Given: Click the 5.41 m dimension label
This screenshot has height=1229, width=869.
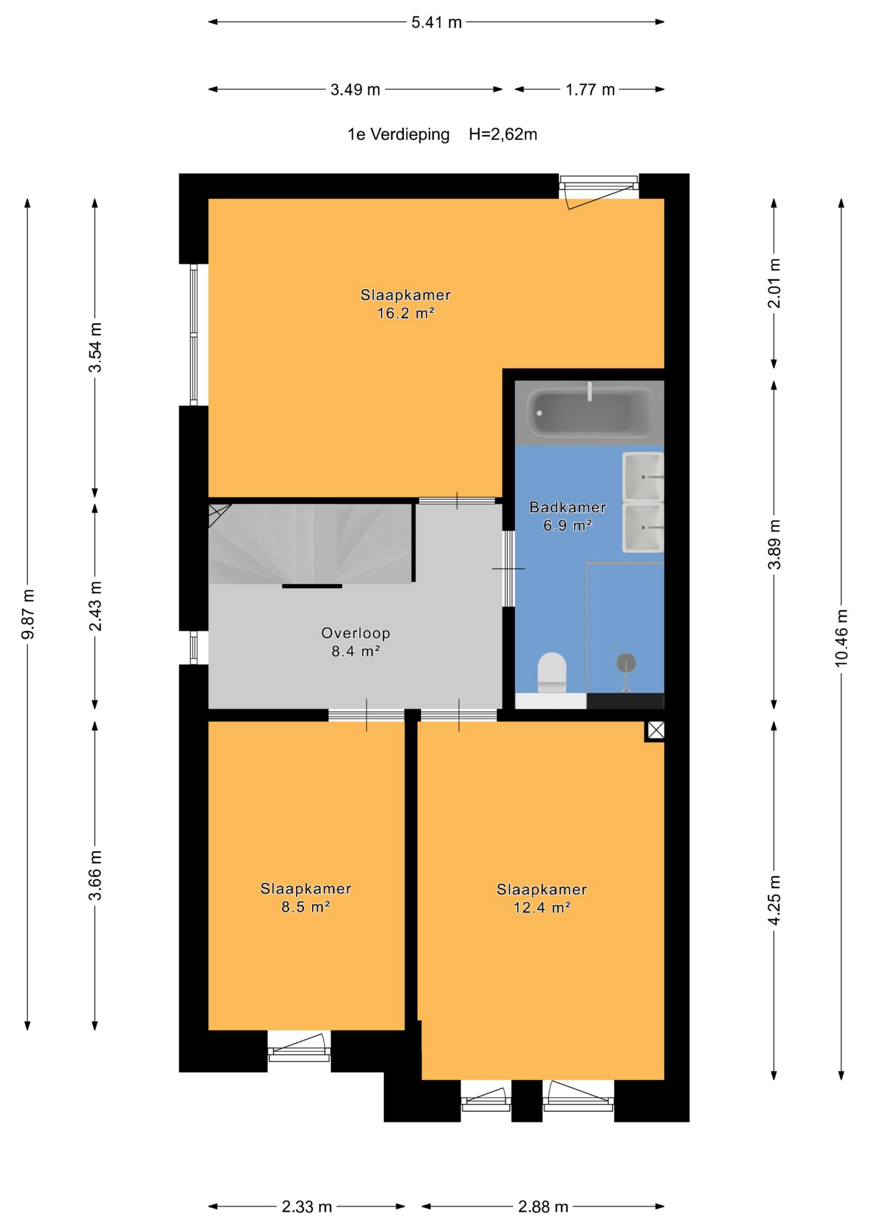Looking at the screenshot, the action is pos(437,23).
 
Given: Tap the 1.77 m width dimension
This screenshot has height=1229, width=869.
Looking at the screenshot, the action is pos(590,89).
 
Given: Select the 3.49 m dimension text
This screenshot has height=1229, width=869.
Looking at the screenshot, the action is pos(355,89).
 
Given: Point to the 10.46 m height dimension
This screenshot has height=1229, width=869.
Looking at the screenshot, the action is pos(841,638).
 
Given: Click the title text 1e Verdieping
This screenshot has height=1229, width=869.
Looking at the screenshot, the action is pos(398,134).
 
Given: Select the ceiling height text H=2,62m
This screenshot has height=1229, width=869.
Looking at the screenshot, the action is pos(503,134).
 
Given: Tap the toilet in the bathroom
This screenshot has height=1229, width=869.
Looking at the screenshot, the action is pos(552,672).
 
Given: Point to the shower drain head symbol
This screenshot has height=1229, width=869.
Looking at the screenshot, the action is pos(626,664).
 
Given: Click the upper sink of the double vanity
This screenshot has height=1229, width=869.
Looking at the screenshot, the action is pos(643,476).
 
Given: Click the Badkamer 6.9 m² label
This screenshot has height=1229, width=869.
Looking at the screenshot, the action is pos(568,516).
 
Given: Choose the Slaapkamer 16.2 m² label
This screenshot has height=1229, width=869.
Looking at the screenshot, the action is pos(405,303).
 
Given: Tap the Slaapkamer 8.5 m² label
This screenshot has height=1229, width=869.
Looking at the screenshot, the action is pos(306,898).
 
